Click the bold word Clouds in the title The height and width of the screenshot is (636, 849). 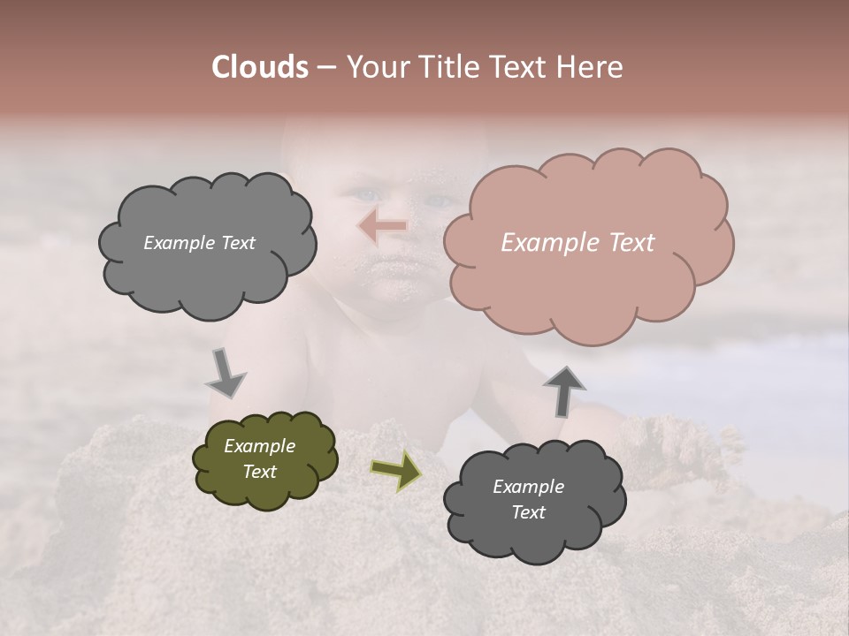coord(260,67)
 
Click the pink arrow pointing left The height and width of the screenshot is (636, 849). coord(382,227)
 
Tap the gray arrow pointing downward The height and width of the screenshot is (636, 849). coord(226,373)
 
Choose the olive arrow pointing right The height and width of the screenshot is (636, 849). coord(395,470)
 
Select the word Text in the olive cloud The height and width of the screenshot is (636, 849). coord(260,473)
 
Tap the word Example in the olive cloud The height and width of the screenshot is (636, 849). coord(260,447)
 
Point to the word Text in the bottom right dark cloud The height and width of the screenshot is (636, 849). coord(528,512)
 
